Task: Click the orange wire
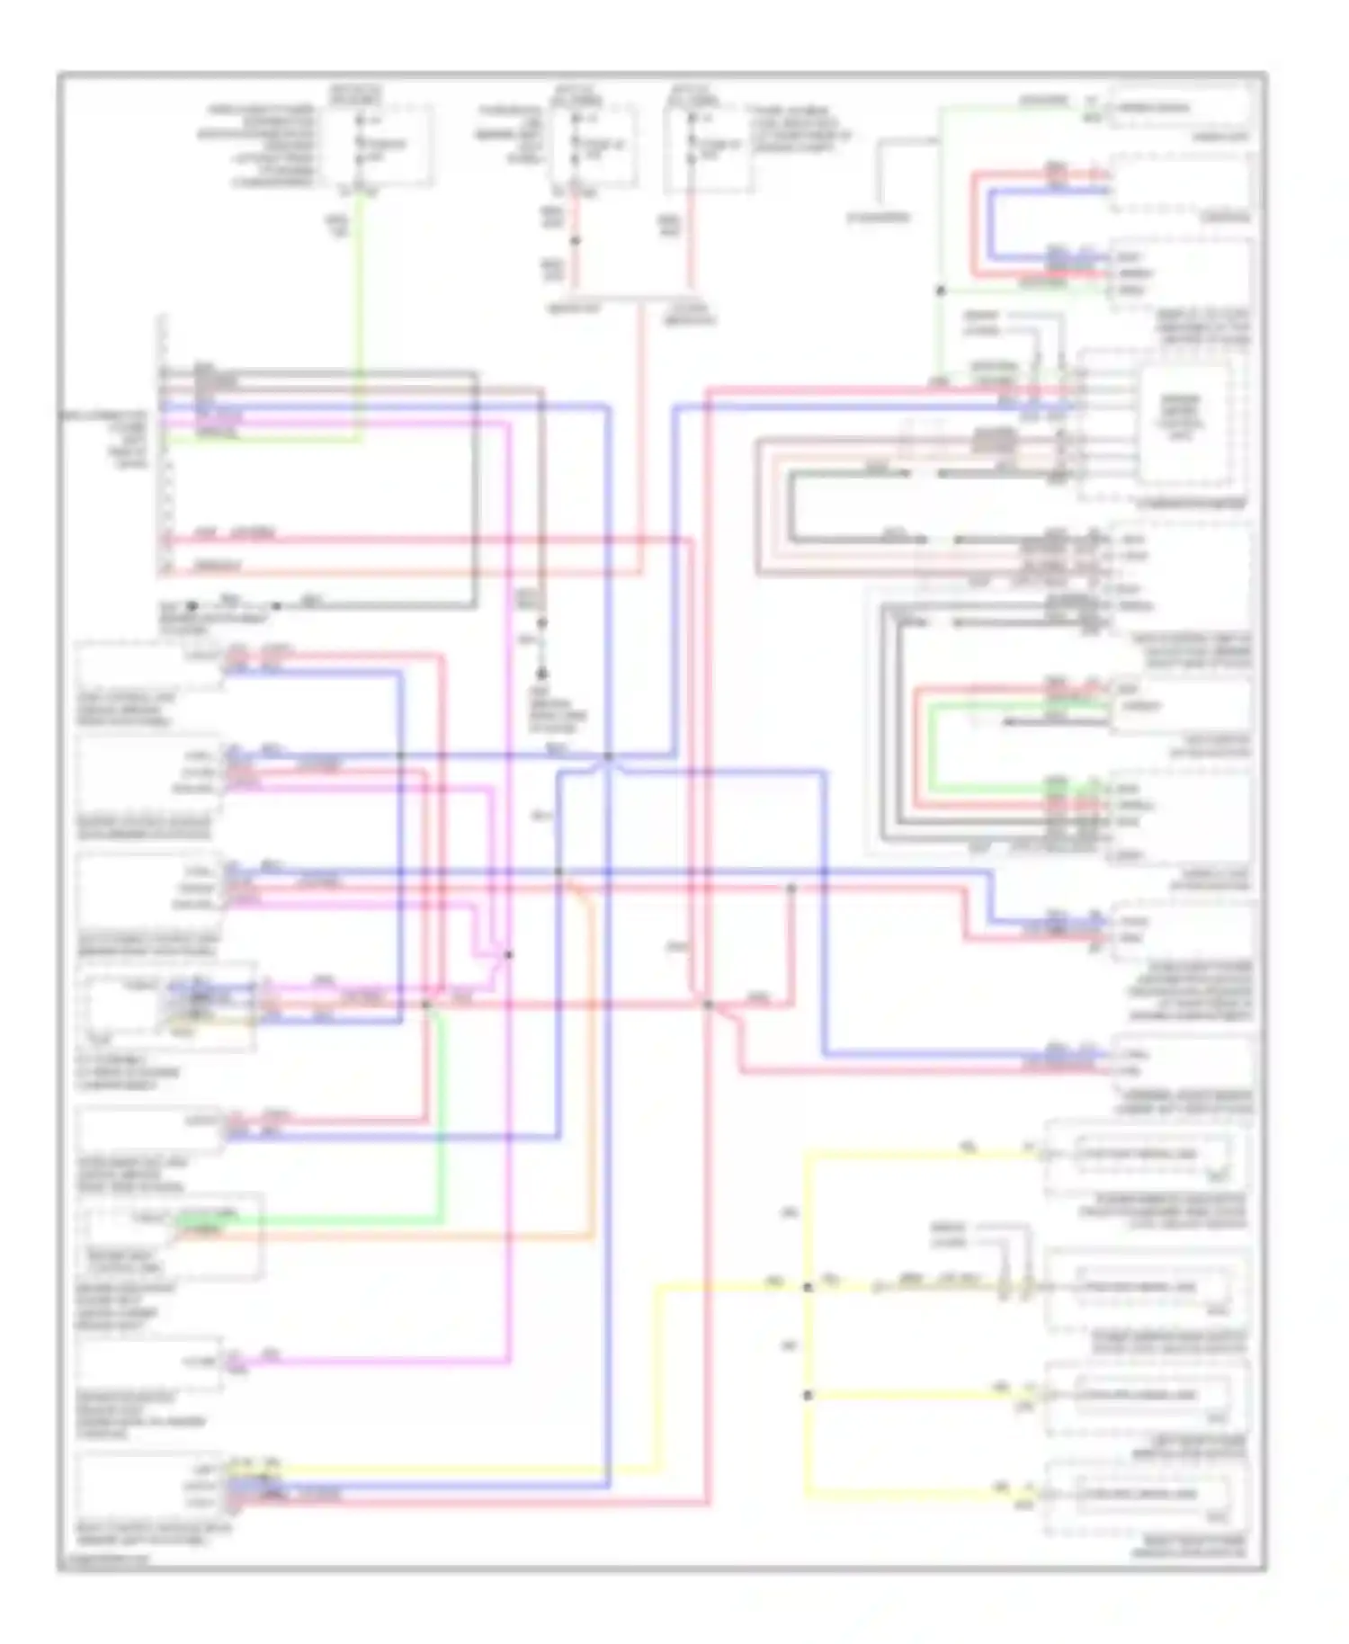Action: coord(592,1079)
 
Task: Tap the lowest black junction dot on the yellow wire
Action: coord(807,1395)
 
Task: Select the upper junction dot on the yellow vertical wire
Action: coord(807,1287)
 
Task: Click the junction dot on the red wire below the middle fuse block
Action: coord(576,240)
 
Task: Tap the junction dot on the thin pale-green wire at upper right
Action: coord(941,290)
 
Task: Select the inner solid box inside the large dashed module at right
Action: coord(1184,423)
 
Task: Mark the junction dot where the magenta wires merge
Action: coord(509,954)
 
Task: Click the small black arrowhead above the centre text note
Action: coord(542,673)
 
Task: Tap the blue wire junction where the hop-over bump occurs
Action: coord(608,757)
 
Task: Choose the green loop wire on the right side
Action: coord(930,746)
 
